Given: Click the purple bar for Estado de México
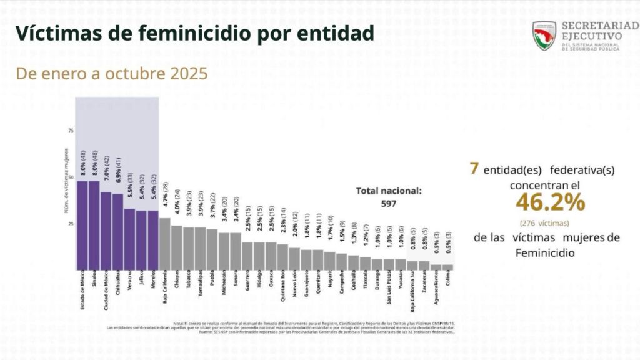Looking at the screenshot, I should coord(82,225).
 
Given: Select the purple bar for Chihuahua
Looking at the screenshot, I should coord(117,231).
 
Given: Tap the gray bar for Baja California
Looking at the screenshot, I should coord(165,244).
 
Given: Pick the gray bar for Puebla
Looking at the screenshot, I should coord(212,249).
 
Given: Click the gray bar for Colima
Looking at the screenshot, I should coord(447,267).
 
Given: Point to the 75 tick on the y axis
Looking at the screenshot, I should coord(71,131).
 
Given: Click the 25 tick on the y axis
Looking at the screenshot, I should coord(71,224).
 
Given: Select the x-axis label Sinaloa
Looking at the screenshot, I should coord(94,281).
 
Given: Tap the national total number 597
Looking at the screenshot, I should coord(389,203).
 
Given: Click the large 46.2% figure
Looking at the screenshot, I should coord(550,202).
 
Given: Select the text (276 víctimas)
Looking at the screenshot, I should coord(549,223).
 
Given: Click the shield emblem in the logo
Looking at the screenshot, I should coord(544,36).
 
